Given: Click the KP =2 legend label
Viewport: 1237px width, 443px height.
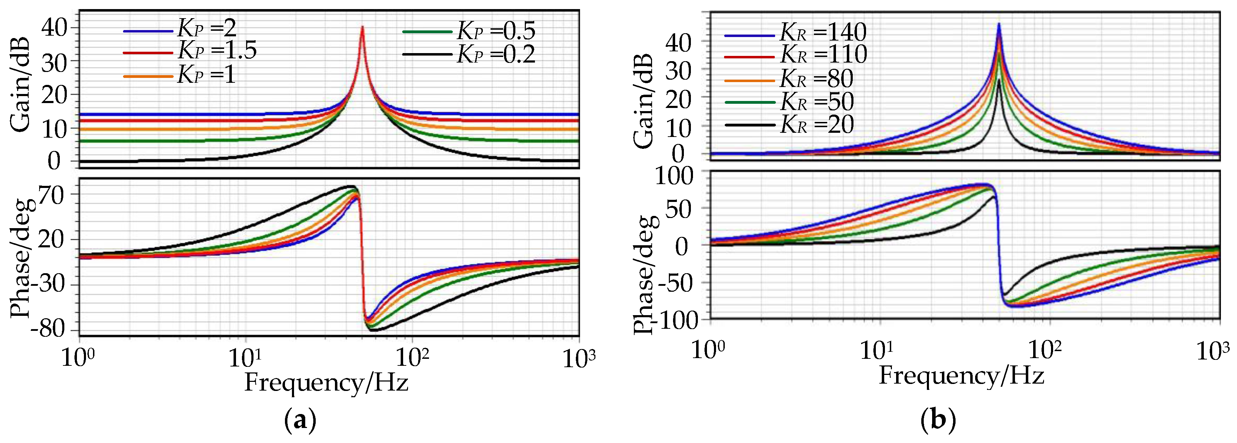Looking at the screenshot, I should [207, 29].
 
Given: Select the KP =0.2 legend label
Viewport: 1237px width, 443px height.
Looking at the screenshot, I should [495, 54].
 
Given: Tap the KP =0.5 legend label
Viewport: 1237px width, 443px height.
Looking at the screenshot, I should [495, 31].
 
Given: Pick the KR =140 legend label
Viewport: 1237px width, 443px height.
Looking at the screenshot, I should [823, 32].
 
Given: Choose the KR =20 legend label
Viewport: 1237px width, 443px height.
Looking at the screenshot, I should [817, 125].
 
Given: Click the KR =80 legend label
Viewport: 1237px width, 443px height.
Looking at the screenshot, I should [816, 79].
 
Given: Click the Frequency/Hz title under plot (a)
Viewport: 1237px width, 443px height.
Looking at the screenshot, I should [327, 383].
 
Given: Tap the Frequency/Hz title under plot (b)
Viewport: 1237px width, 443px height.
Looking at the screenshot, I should [961, 375].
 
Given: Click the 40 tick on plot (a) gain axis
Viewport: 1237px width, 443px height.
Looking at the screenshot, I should [54, 28].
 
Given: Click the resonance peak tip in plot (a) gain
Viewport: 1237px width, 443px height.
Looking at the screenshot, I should [363, 27].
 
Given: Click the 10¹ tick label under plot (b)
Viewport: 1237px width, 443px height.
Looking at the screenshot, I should [877, 351].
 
